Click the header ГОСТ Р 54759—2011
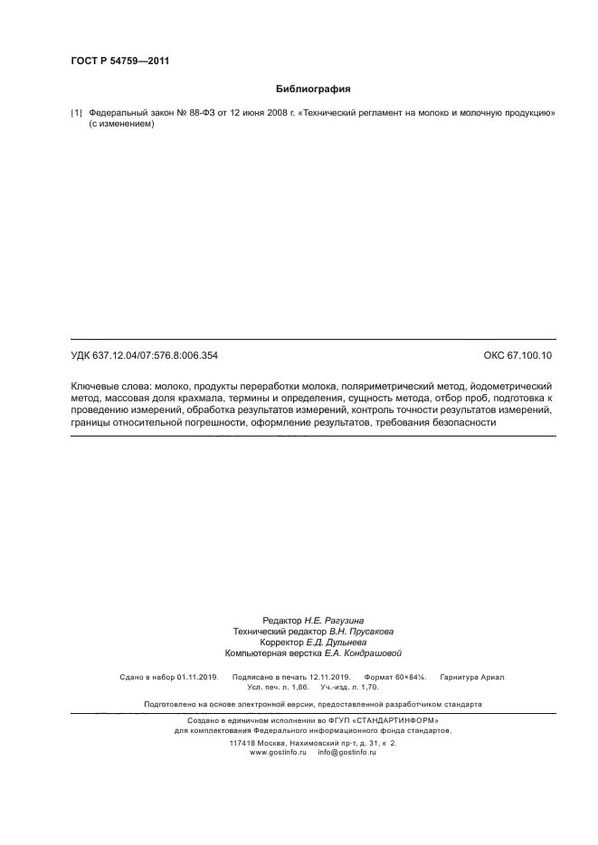tap(119, 61)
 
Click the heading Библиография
tap(312, 89)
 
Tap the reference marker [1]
tap(76, 113)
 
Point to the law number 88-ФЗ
tap(185, 113)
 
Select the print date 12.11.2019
tap(328, 676)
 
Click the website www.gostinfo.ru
tap(279, 752)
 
